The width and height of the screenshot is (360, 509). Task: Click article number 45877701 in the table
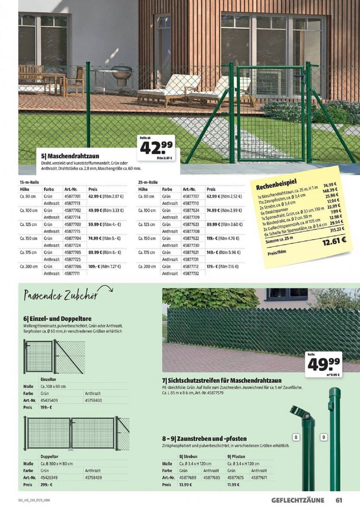pos(72,196)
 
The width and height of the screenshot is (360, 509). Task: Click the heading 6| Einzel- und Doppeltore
pos(58,318)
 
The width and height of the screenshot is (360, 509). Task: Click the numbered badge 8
pos(296,437)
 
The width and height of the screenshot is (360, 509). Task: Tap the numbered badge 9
pos(323,437)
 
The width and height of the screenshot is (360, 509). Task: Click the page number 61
pos(338,500)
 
